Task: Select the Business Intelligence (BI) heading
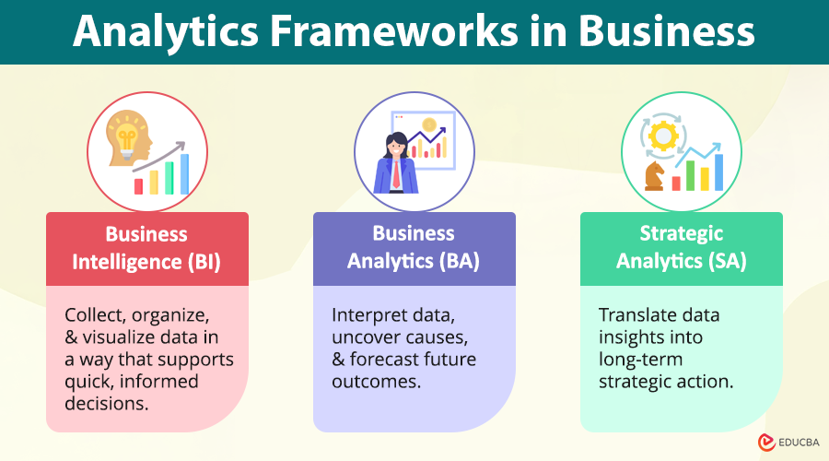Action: tap(146, 247)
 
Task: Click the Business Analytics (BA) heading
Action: tap(414, 247)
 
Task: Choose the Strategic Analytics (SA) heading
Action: tap(681, 247)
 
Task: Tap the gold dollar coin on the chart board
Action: tap(428, 124)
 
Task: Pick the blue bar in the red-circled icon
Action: tap(185, 173)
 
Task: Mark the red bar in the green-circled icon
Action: tap(676, 183)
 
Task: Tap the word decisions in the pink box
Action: tap(104, 402)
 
